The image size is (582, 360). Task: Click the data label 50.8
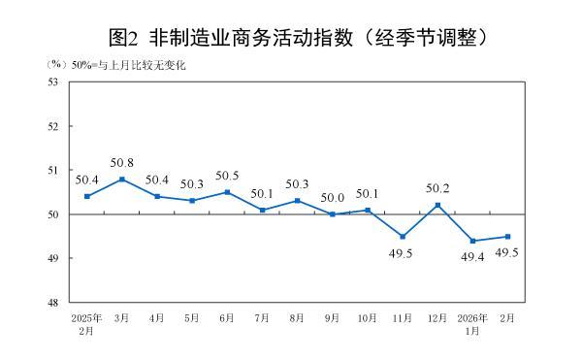122,162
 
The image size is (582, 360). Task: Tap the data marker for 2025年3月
122,179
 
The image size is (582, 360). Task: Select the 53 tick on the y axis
53,82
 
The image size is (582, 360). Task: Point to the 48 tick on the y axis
53,303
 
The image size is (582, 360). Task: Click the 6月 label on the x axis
228,316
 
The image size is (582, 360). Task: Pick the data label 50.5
227,176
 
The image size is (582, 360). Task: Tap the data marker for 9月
333,214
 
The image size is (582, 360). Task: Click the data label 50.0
333,198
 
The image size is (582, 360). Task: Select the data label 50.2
438,188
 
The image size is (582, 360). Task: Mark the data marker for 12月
438,205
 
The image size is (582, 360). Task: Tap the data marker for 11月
403,236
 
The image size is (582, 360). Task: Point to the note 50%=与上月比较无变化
127,65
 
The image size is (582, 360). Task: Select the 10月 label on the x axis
368,316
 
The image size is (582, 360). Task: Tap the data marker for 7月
263,210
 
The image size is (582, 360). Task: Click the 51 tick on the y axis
53,170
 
